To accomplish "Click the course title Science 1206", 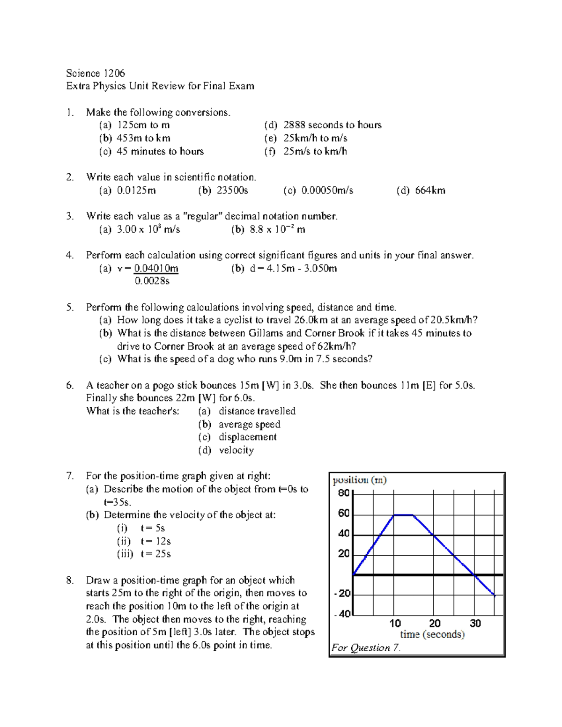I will pos(96,73).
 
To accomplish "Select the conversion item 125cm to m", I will pos(143,125).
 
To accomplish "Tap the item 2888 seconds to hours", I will pos(332,125).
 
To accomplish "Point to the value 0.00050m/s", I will pos(327,191).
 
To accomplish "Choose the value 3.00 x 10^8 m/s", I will pos(148,229).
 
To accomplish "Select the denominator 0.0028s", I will pos(152,281).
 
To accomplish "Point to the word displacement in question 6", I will pos(247,437).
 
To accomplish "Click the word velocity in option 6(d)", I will pos(236,450).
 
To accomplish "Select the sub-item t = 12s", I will pos(155,541).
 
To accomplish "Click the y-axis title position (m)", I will pos(359,480).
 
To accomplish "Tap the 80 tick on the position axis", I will pos(344,493).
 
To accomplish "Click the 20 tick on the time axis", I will pos(435,624).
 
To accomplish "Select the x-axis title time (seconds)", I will pos(432,635).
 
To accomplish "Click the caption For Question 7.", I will pos(366,648).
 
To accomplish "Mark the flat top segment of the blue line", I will pos(404,515).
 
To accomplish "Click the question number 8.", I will pos(70,580).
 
